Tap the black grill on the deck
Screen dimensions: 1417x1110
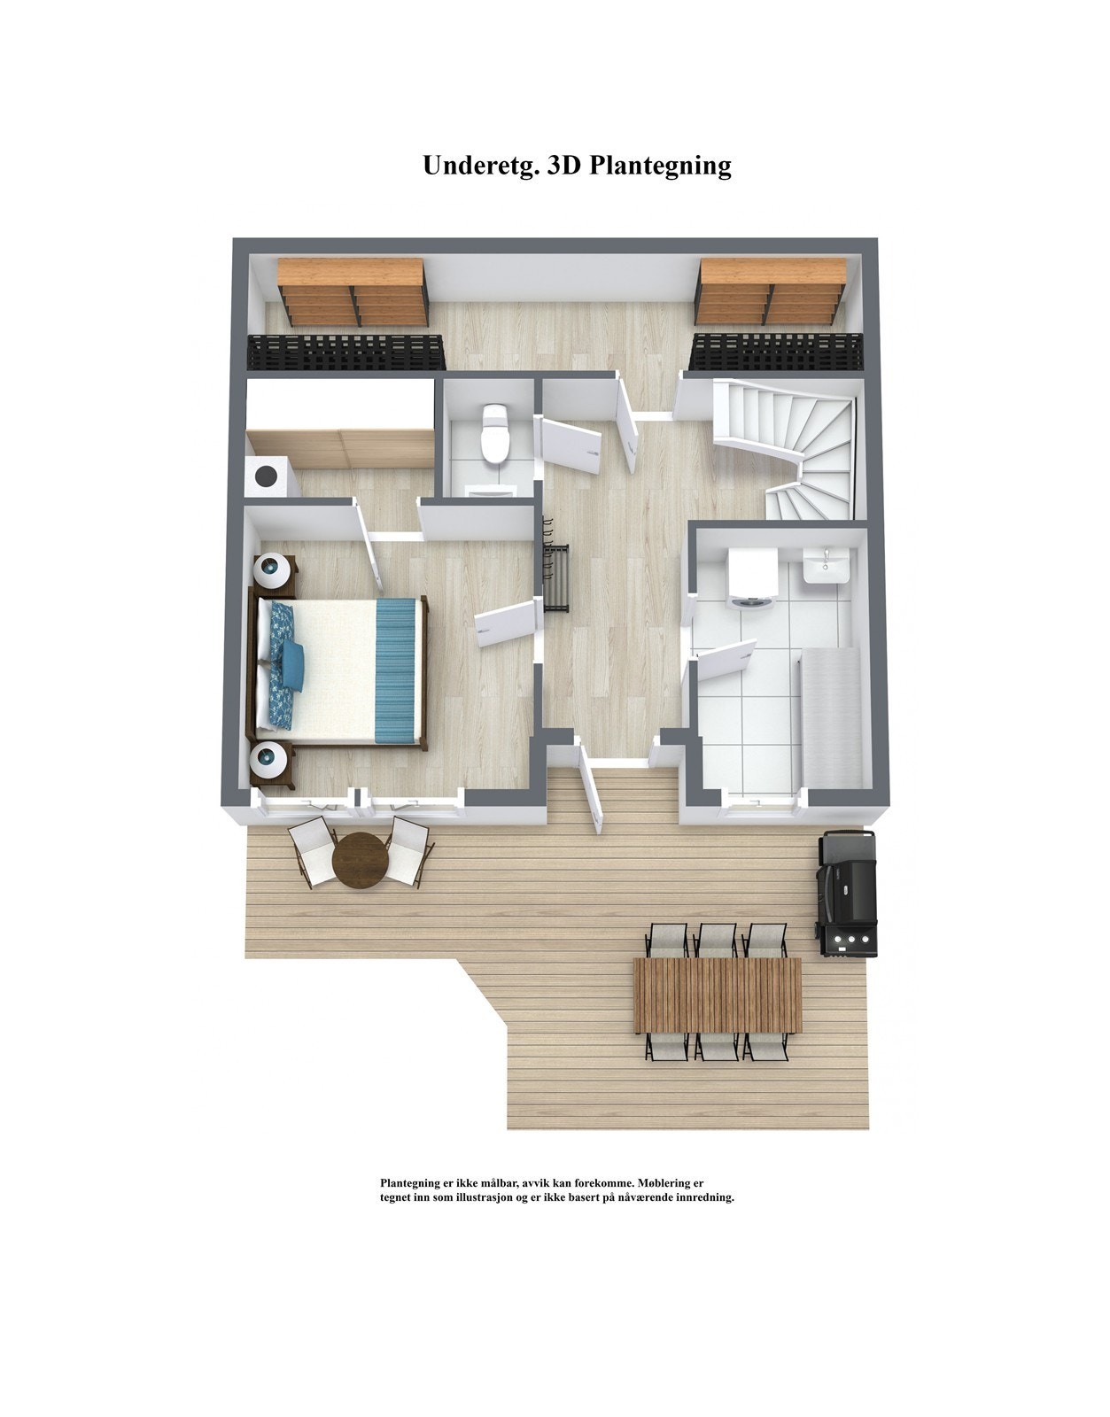[847, 894]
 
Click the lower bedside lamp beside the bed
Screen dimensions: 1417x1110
[271, 761]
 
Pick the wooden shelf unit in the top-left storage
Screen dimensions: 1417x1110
[353, 290]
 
